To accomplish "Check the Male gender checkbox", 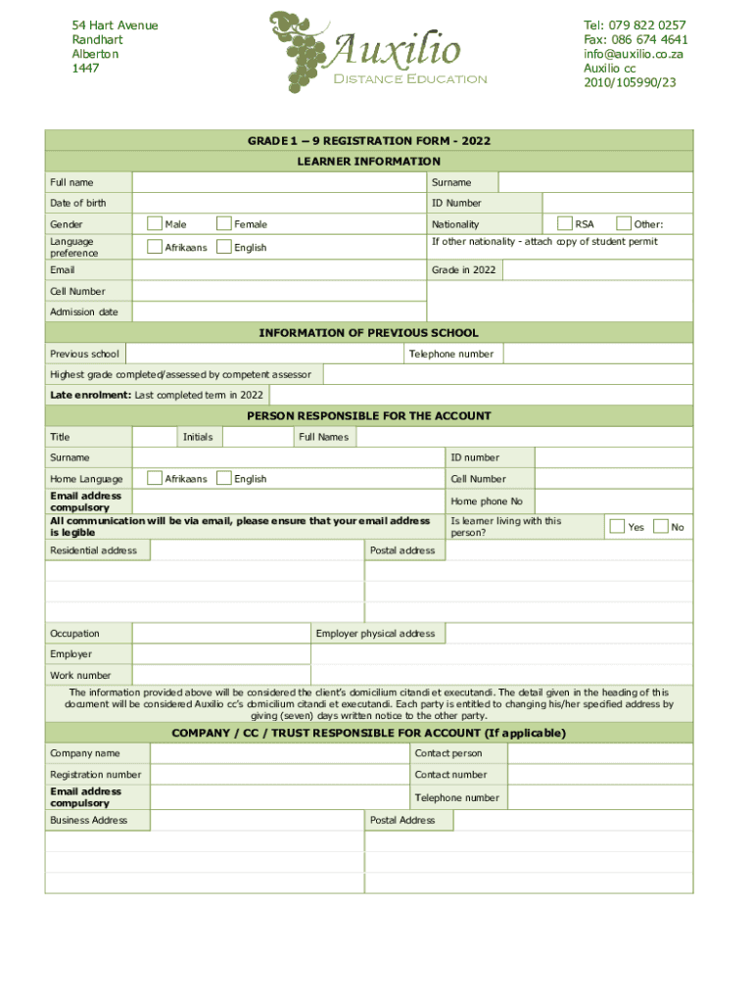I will point(155,224).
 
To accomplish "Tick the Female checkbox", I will point(224,224).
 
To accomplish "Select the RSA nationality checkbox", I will point(564,224).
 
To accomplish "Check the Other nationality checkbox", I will point(624,224).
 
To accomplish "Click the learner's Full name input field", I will point(279,183).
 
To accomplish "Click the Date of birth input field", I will point(279,204).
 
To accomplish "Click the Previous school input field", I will point(264,354).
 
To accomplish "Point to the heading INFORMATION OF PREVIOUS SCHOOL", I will point(368,333).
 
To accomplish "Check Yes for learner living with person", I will point(617,527).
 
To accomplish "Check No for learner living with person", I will point(660,527).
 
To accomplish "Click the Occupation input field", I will point(221,634).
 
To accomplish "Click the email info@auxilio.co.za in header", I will point(633,54).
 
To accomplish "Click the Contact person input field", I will point(600,753).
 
